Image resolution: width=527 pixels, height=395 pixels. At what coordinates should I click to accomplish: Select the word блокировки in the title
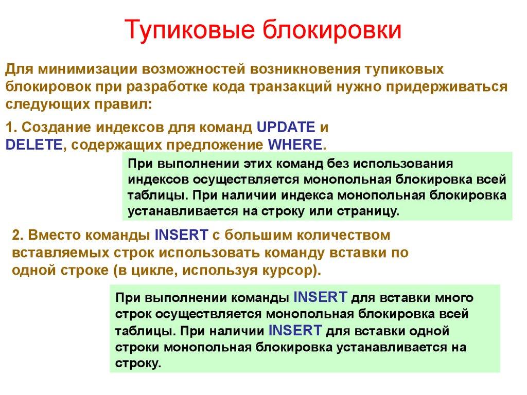click(x=334, y=30)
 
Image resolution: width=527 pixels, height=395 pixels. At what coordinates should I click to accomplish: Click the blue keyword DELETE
click(x=33, y=144)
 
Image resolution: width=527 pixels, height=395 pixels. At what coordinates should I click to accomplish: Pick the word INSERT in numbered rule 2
click(x=181, y=236)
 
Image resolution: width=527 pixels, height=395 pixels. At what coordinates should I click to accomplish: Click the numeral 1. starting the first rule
click(x=11, y=127)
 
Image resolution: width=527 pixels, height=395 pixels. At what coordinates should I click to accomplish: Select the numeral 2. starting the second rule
click(x=18, y=236)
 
